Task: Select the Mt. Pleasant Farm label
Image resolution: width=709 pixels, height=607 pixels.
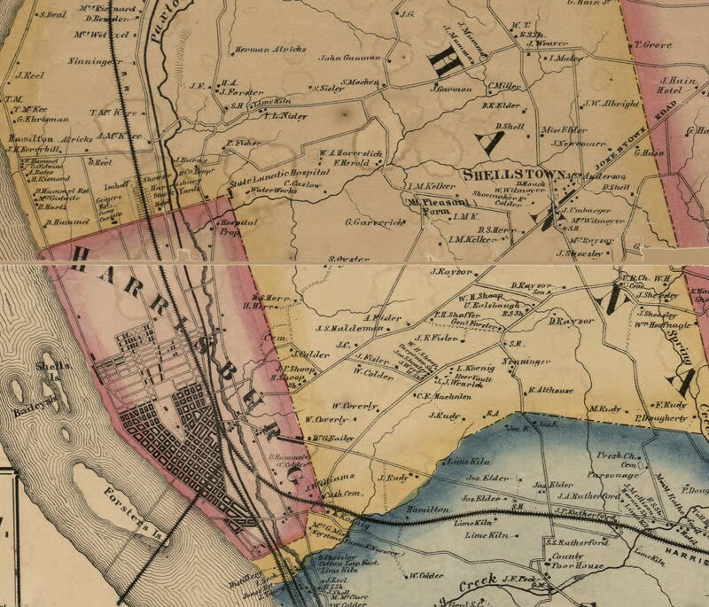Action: click(x=426, y=206)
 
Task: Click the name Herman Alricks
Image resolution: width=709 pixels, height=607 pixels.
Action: click(x=263, y=50)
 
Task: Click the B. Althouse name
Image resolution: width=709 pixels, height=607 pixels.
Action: click(x=552, y=389)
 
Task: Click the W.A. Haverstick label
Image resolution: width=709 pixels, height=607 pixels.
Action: click(x=352, y=153)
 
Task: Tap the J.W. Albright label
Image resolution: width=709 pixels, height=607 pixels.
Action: click(x=612, y=103)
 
